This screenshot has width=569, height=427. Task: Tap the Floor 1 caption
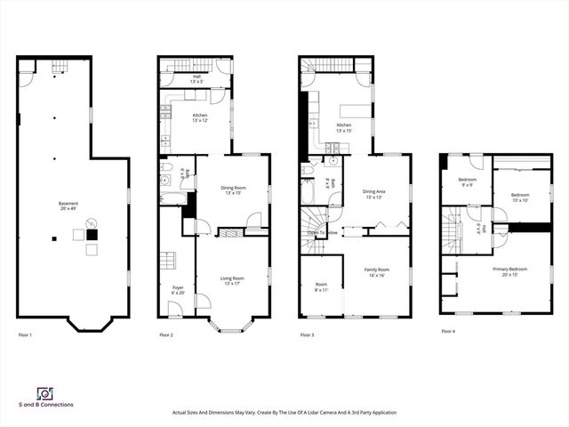click(x=25, y=334)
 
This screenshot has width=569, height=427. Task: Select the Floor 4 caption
click(x=448, y=331)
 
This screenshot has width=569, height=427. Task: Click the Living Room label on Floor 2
click(x=232, y=281)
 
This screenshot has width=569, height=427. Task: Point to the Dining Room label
click(x=233, y=190)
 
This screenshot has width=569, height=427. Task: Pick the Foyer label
click(x=178, y=290)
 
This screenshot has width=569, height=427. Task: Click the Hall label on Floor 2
click(x=195, y=79)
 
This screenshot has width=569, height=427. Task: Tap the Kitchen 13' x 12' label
click(x=201, y=117)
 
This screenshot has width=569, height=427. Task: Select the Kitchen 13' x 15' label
click(x=344, y=128)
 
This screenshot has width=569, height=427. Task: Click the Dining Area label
click(x=373, y=194)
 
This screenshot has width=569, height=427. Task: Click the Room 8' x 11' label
click(x=320, y=287)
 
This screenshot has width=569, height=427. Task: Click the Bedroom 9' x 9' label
click(x=468, y=181)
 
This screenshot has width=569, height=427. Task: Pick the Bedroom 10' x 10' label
click(x=519, y=197)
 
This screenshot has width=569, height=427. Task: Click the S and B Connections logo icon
click(x=44, y=393)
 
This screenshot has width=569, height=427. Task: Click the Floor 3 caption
click(x=307, y=334)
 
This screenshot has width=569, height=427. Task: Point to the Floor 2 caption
click(x=166, y=334)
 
